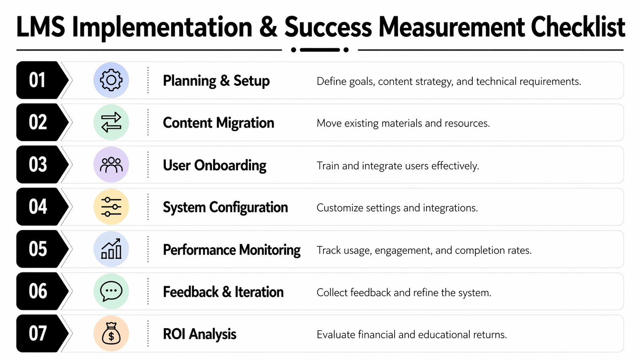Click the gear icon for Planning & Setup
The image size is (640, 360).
111,80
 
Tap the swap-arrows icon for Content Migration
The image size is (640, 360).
111,122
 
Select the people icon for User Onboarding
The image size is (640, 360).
111,165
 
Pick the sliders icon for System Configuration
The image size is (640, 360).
111,207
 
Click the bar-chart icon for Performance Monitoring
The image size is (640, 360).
111,249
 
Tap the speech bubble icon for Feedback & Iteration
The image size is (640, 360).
111,292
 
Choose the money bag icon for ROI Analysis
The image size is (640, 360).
111,334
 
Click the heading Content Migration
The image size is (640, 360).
218,123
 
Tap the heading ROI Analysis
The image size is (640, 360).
199,334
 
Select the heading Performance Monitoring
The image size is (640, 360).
232,250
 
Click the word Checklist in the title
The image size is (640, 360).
578,28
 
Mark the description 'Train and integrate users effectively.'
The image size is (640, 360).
398,166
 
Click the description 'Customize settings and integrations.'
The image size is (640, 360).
397,208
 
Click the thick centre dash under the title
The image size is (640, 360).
320,50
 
